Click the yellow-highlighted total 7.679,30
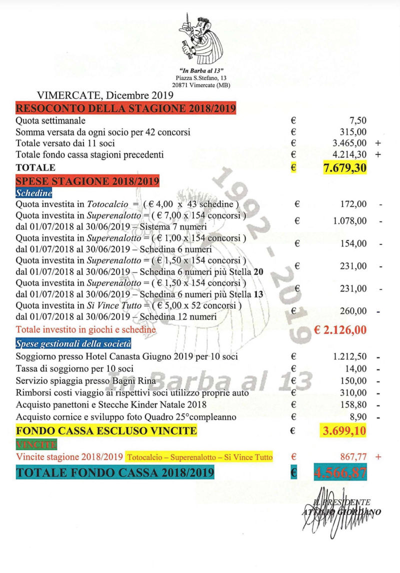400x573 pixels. pyautogui.click(x=345, y=168)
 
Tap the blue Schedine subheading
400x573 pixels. pyautogui.click(x=34, y=192)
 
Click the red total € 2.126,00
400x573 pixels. pyautogui.click(x=340, y=329)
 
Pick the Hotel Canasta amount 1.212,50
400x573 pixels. pyautogui.click(x=349, y=356)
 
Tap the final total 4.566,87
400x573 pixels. pyautogui.click(x=340, y=472)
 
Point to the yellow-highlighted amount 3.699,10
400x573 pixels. pyautogui.click(x=343, y=430)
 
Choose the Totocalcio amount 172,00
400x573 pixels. pyautogui.click(x=353, y=204)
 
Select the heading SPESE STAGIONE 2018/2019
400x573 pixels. pyautogui.click(x=87, y=180)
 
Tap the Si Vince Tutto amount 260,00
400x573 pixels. pyautogui.click(x=353, y=311)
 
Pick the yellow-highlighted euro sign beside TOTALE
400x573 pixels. pyautogui.click(x=293, y=168)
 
